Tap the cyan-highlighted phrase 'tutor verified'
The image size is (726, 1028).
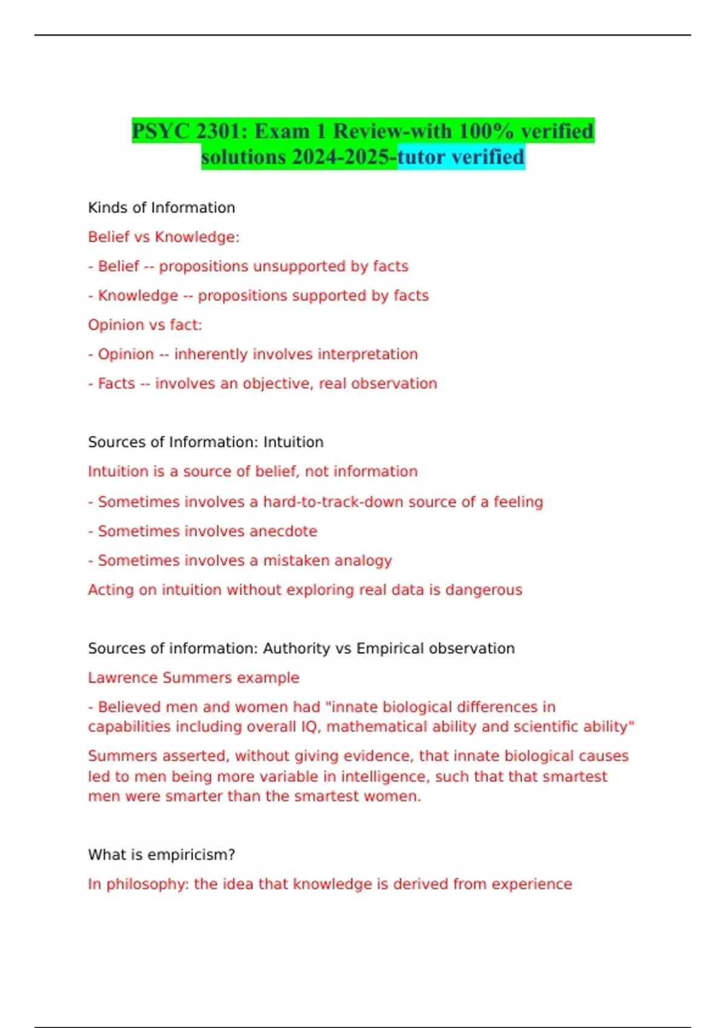(461, 157)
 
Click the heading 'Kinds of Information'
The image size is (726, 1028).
(162, 207)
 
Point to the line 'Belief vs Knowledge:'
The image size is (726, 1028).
(163, 237)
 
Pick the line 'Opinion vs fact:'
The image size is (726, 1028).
(145, 325)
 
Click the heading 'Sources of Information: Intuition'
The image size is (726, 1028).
(206, 442)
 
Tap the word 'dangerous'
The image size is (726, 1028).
(483, 590)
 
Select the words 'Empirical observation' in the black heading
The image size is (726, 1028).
(436, 648)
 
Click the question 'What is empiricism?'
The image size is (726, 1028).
(162, 854)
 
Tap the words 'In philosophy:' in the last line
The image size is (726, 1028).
(139, 884)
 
